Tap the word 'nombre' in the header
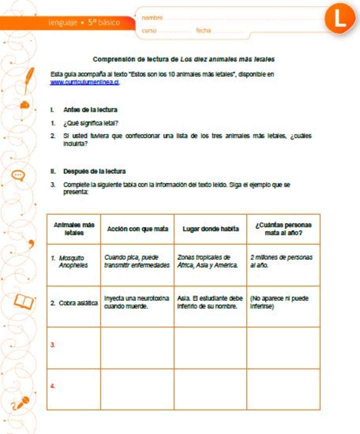(x=152, y=18)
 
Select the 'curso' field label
(x=149, y=30)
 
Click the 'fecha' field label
(x=203, y=30)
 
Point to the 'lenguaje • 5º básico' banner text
(x=84, y=22)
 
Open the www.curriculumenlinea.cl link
(x=84, y=82)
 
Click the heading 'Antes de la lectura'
(x=90, y=109)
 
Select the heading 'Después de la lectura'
(x=94, y=171)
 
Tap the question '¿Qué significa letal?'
(x=90, y=123)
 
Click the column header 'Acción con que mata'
(x=137, y=229)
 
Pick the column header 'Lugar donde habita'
(x=210, y=229)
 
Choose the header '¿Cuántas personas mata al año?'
(x=283, y=229)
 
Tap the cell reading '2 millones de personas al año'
(x=281, y=261)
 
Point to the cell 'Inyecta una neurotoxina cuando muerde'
(x=136, y=302)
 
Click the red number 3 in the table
(x=52, y=345)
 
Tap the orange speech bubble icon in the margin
(x=18, y=175)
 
